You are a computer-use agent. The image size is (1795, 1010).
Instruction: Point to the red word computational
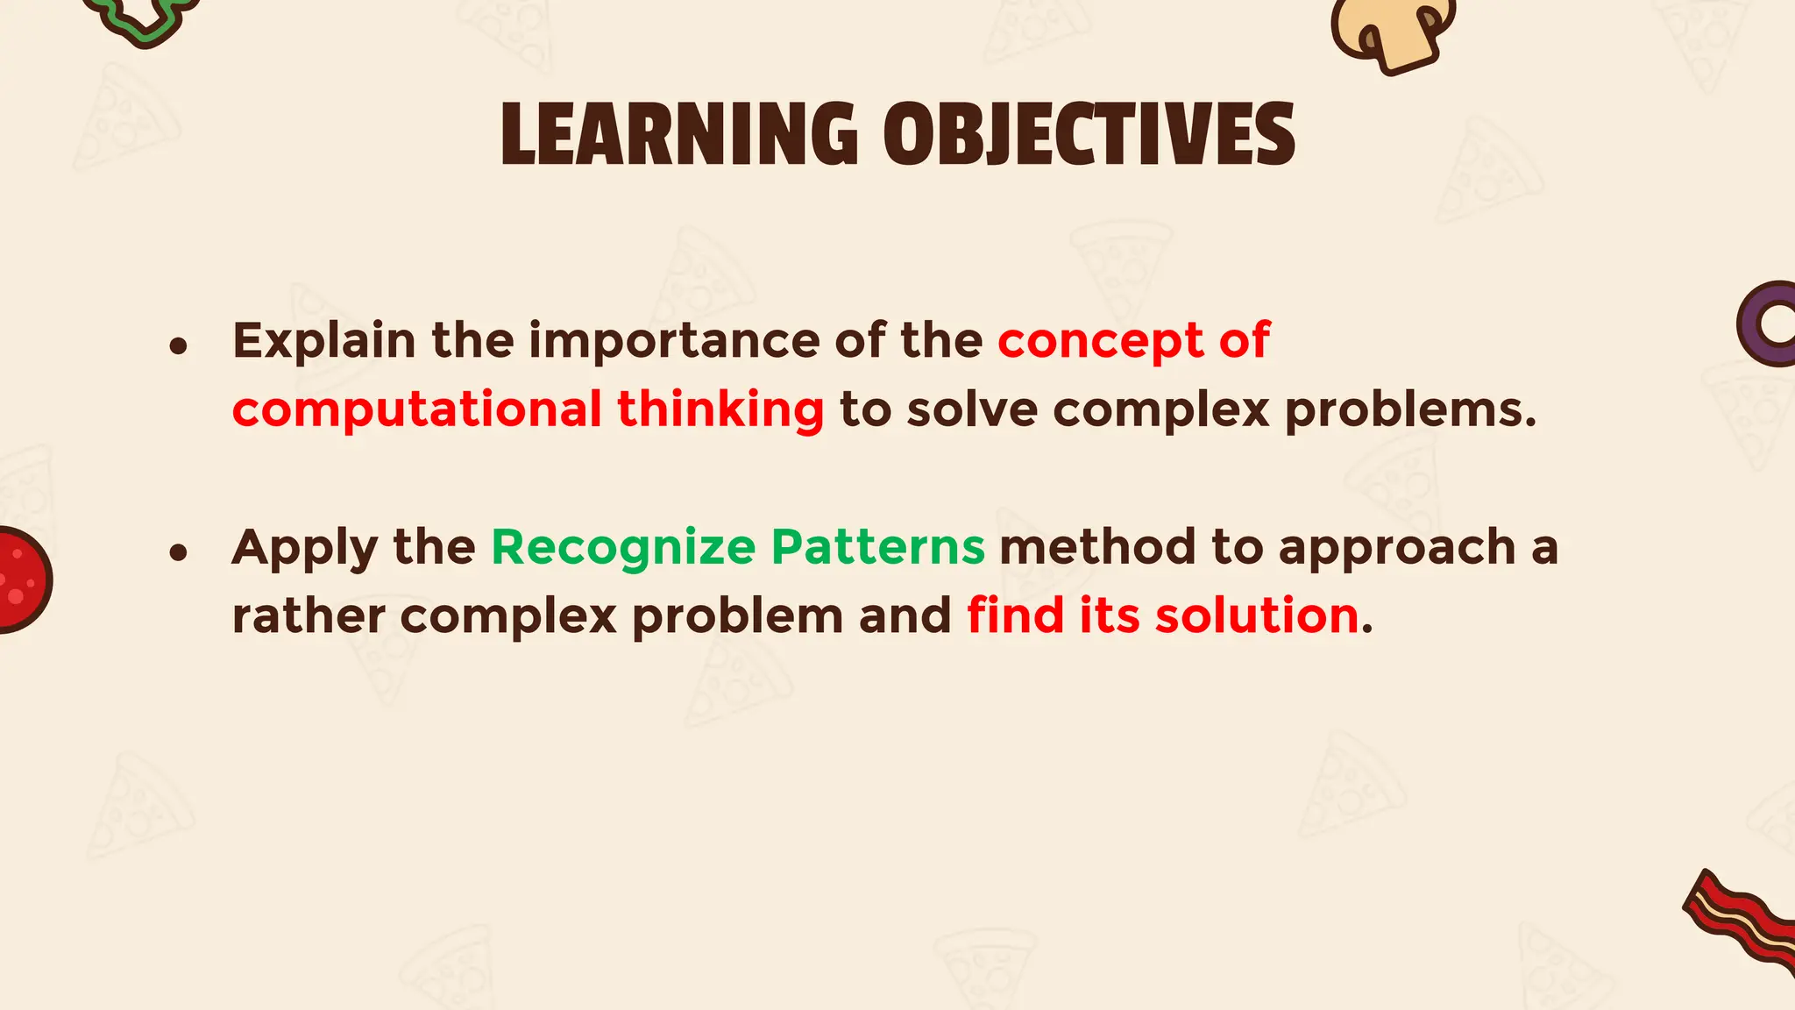point(417,409)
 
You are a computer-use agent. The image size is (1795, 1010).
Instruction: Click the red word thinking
point(720,409)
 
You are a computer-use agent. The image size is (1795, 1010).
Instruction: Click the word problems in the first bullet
point(1409,409)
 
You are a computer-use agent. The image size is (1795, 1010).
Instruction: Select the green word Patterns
point(878,548)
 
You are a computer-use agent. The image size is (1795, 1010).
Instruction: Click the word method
point(1097,548)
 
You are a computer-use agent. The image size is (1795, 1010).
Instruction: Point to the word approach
point(1397,548)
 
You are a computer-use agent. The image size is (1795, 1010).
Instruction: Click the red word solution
point(1257,615)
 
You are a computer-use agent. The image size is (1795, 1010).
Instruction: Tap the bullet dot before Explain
point(179,346)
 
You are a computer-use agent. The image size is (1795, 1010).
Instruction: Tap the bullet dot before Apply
point(179,552)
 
